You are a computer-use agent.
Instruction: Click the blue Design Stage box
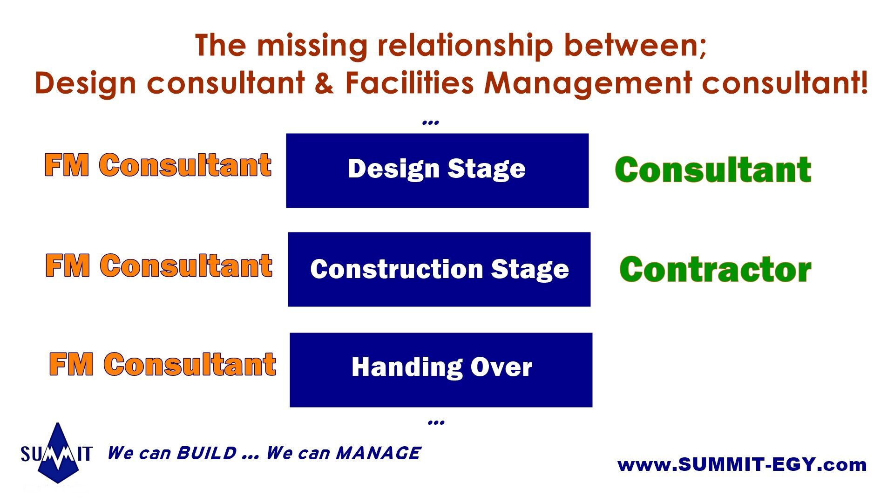point(437,170)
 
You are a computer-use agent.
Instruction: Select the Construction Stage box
point(439,269)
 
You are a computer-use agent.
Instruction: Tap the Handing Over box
point(441,370)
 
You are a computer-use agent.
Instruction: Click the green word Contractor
point(715,270)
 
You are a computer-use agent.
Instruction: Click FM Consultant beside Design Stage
point(158,165)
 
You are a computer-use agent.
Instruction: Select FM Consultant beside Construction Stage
point(159,265)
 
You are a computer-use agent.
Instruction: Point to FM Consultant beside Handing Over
point(163,364)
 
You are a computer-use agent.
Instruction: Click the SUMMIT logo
point(57,453)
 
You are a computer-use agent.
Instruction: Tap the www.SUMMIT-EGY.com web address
point(742,464)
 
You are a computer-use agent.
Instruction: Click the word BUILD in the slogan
point(206,453)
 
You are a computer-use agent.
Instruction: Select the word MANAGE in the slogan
point(378,453)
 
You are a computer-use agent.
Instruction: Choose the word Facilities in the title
point(409,82)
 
